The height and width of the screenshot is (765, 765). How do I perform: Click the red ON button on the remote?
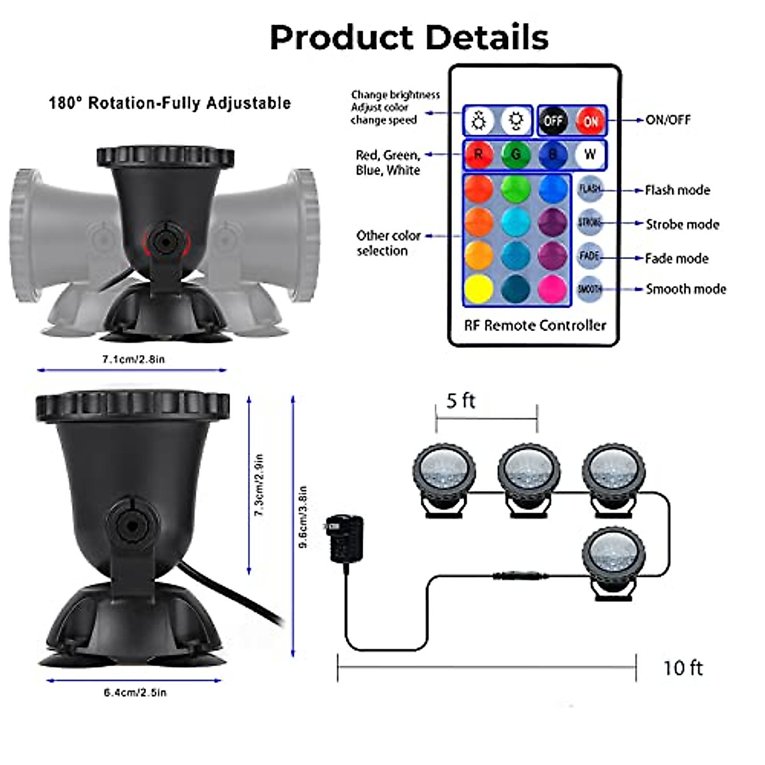click(590, 120)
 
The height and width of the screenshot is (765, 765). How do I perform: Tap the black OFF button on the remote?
click(553, 120)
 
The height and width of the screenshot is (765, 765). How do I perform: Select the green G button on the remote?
click(515, 154)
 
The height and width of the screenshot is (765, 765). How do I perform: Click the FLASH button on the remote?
click(590, 189)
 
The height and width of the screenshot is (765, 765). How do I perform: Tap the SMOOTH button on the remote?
click(590, 289)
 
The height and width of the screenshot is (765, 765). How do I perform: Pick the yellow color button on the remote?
click(479, 288)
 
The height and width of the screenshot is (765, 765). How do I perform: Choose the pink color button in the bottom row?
click(552, 288)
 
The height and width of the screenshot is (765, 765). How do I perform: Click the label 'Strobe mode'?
click(682, 224)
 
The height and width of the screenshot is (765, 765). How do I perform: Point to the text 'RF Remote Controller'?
click(535, 325)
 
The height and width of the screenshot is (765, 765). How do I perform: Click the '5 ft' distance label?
click(460, 401)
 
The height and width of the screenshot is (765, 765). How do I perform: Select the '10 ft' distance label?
click(682, 668)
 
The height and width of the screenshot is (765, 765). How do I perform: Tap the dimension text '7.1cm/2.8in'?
click(133, 360)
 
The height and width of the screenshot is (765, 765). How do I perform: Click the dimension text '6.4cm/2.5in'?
click(135, 692)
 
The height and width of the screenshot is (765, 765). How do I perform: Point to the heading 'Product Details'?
click(409, 37)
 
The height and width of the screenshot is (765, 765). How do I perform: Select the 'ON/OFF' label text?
click(667, 120)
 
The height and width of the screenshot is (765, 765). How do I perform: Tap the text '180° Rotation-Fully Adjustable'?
click(170, 103)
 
